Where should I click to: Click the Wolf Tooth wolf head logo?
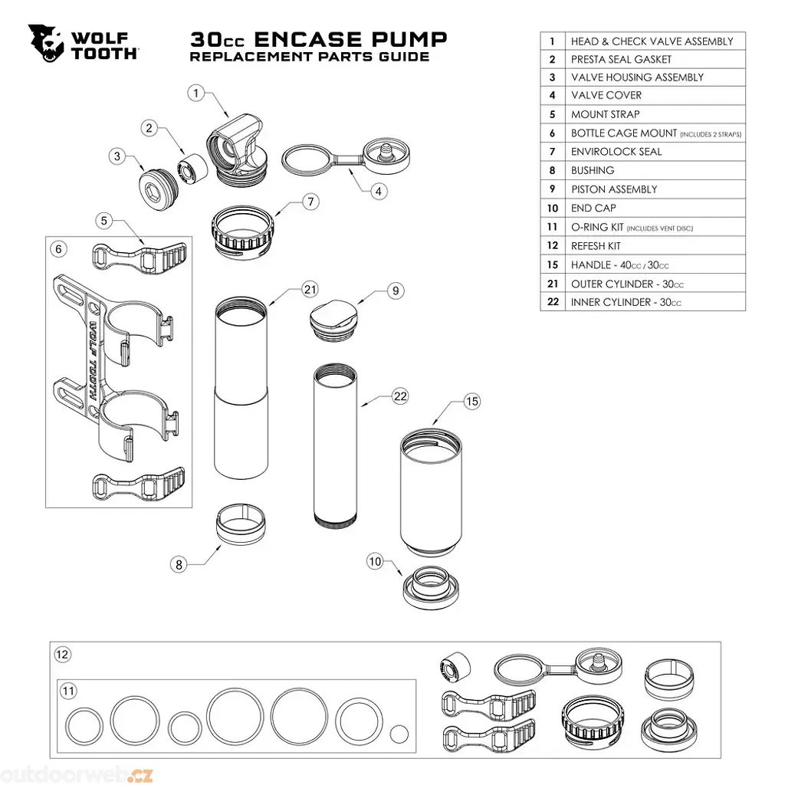point(45,43)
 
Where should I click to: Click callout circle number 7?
point(311,202)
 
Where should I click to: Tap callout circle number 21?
point(310,289)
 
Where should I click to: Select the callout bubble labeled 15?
point(472,401)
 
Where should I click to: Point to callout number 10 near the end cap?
point(375,561)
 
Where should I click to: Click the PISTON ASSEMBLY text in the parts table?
point(614,189)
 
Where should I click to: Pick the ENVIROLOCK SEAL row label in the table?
point(616,152)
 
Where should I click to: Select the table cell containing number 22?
point(553,302)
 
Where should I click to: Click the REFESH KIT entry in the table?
point(596,246)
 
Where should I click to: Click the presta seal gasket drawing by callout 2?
point(192,169)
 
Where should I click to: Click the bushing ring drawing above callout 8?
point(240,524)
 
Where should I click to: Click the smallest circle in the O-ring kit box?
point(399,734)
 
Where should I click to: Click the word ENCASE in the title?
point(308,39)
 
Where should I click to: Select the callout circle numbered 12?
point(62,655)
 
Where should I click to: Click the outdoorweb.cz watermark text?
point(77,774)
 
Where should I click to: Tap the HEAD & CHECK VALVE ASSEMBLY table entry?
point(652,41)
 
